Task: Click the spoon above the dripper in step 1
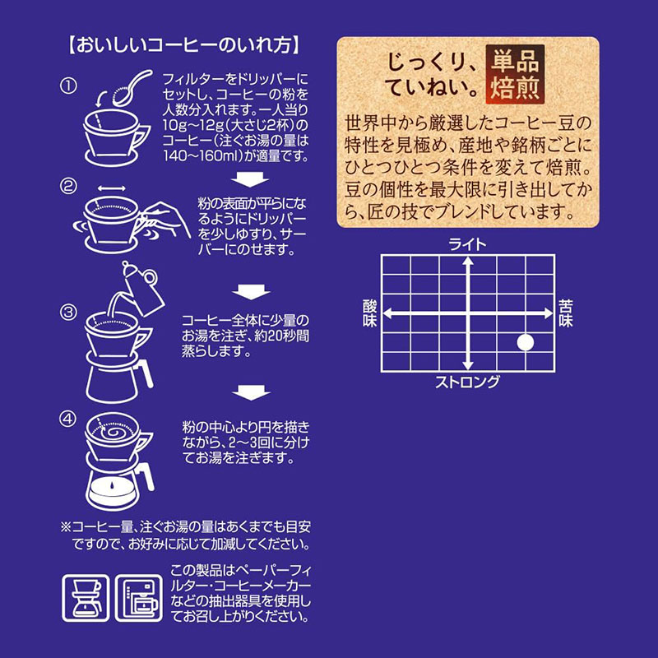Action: point(132,90)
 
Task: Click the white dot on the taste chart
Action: point(525,341)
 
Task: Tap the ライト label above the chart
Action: point(467,243)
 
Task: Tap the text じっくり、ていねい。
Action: point(432,72)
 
